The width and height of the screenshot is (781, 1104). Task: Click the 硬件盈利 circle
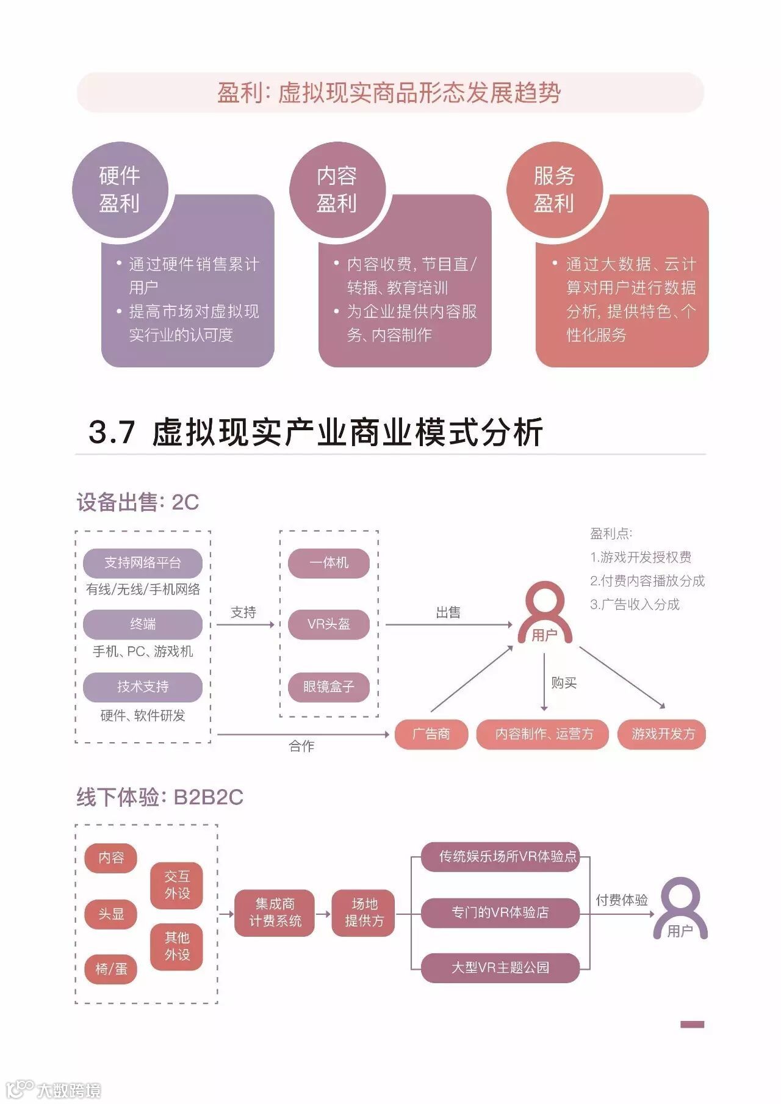click(x=120, y=189)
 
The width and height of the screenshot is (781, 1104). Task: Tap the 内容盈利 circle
click(x=337, y=189)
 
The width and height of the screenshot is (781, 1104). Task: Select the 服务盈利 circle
click(x=554, y=189)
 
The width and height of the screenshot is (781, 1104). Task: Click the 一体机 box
click(x=329, y=563)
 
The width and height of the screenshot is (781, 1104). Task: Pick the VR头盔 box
click(x=329, y=624)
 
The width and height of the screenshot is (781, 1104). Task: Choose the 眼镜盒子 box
click(x=329, y=687)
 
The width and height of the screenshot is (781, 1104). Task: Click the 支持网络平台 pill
click(x=143, y=563)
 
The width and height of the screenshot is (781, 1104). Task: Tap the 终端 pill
click(x=143, y=624)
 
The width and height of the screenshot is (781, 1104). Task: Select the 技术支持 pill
click(x=143, y=687)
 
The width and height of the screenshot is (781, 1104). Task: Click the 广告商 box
click(x=431, y=734)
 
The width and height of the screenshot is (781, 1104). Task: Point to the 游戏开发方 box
click(x=663, y=734)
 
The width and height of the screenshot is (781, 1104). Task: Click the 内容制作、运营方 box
click(x=543, y=734)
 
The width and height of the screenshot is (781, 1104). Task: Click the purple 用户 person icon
click(x=680, y=908)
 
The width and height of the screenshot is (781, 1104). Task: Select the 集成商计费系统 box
click(x=275, y=913)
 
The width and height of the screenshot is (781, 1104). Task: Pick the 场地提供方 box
click(x=364, y=913)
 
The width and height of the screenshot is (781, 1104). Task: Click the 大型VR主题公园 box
click(x=500, y=968)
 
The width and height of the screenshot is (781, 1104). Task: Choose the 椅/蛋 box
click(x=111, y=969)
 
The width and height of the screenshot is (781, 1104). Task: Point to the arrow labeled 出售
click(x=448, y=625)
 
